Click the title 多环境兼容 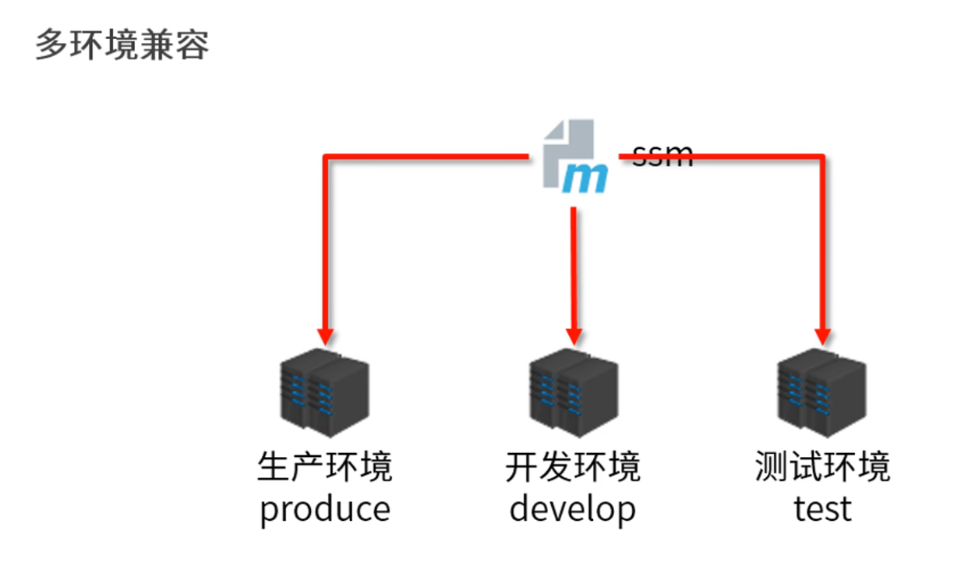click(x=122, y=46)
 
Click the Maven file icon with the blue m click(x=574, y=156)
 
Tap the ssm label click(x=662, y=155)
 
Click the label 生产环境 click(x=324, y=467)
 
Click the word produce click(x=324, y=509)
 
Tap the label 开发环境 click(x=573, y=467)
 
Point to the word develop click(x=573, y=509)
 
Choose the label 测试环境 click(x=822, y=467)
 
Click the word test click(x=822, y=509)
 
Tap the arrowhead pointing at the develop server click(x=574, y=336)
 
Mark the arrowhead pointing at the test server click(x=822, y=336)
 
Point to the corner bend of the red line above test click(x=822, y=158)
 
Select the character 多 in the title click(x=48, y=46)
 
